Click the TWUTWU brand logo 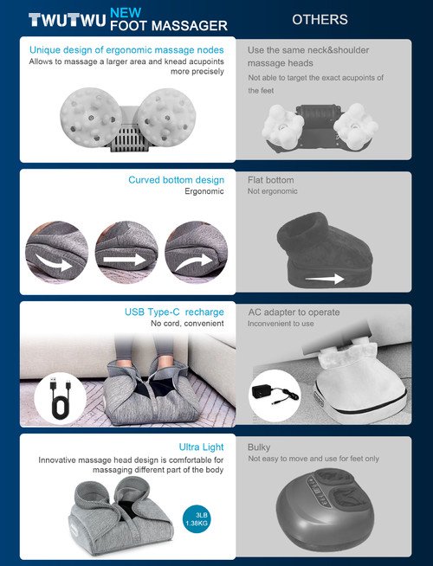(68, 20)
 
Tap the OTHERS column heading (320, 20)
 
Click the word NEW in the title (126, 13)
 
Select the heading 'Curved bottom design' (177, 180)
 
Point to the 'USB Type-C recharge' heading (174, 312)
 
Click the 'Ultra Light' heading (201, 447)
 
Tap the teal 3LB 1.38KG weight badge (197, 518)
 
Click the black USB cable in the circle (61, 398)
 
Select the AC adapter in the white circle (275, 392)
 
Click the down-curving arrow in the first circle (55, 263)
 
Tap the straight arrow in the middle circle (125, 259)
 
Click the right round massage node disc (166, 117)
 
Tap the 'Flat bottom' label (270, 180)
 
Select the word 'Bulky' (259, 447)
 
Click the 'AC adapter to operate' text (294, 312)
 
